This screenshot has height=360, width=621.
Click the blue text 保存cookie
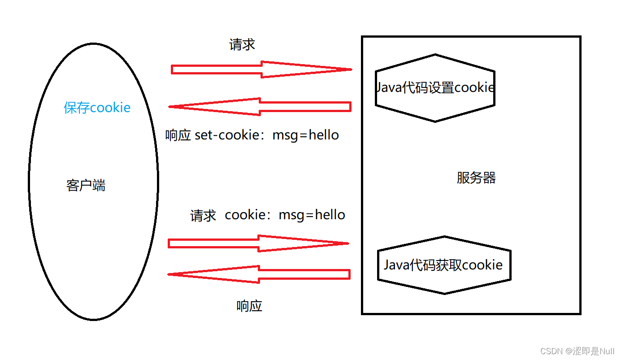(x=97, y=108)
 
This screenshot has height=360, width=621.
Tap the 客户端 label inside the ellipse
(x=86, y=185)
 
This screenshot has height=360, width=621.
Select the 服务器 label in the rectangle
(x=476, y=178)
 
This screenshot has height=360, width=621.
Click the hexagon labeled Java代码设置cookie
(x=435, y=87)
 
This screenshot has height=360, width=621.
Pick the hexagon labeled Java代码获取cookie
(x=443, y=265)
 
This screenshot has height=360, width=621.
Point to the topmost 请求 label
(x=242, y=44)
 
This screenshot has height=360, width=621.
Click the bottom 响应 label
(x=249, y=306)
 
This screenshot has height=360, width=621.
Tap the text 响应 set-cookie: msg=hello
(x=252, y=135)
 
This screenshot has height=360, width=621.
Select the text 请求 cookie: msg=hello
(x=268, y=215)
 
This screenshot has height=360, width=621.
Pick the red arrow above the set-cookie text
(x=260, y=107)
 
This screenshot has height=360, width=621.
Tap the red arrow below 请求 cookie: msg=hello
(x=259, y=243)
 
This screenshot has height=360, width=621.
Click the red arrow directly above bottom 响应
(x=259, y=274)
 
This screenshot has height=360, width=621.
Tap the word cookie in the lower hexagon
(x=482, y=265)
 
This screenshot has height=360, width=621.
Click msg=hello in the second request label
(x=312, y=215)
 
